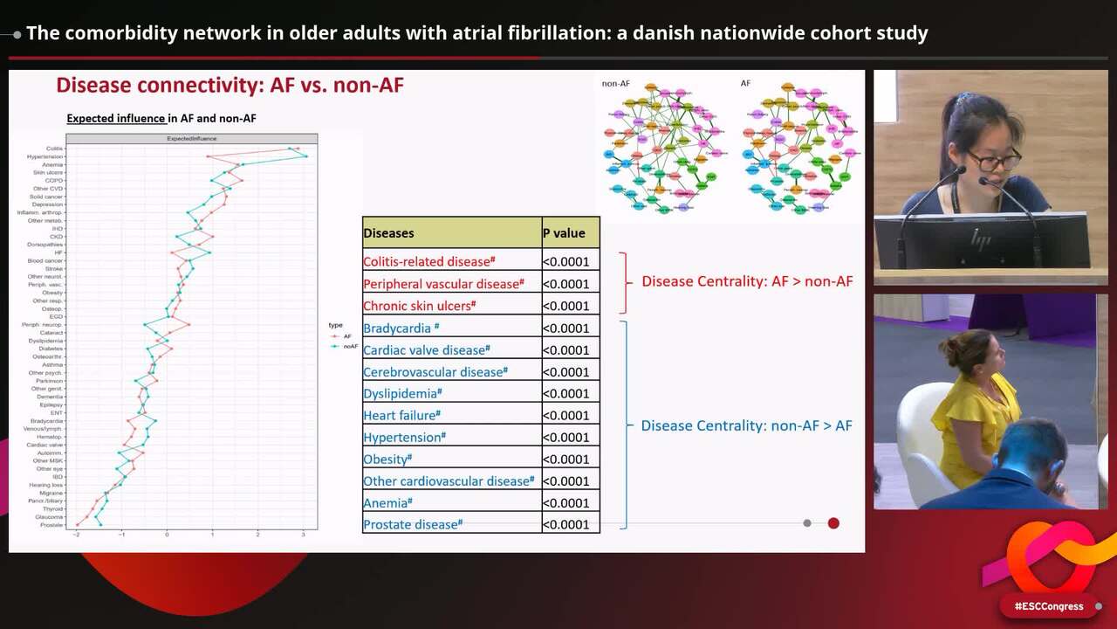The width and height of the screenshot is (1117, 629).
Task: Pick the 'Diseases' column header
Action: [x=388, y=233]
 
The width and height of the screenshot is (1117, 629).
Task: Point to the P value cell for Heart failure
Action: [x=565, y=416]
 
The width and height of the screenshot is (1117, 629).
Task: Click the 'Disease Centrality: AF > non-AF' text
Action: [x=747, y=281]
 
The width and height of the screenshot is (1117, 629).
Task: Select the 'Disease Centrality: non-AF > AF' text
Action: [x=746, y=425]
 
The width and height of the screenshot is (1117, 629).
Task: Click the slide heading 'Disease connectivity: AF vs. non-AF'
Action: [x=230, y=85]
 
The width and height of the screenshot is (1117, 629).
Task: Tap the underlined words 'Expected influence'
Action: [x=116, y=118]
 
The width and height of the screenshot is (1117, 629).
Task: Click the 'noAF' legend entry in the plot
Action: [x=350, y=347]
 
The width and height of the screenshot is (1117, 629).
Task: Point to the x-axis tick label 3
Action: [x=303, y=534]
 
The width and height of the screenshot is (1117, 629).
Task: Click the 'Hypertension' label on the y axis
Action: [x=45, y=156]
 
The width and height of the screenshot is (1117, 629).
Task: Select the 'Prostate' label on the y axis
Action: [x=51, y=525]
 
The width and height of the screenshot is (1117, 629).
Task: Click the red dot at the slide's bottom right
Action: [x=833, y=523]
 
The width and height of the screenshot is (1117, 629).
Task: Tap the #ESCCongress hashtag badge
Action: [x=1048, y=606]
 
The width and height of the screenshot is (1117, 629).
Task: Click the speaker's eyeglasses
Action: [x=993, y=161]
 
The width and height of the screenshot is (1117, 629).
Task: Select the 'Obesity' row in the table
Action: [x=387, y=460]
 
